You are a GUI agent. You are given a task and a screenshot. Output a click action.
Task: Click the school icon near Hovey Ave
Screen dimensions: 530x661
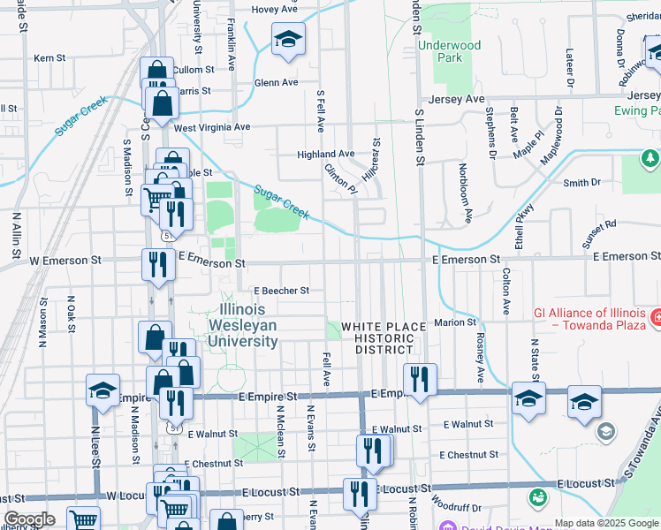point(288,40)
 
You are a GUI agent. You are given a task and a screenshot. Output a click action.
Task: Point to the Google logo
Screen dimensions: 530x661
point(30,519)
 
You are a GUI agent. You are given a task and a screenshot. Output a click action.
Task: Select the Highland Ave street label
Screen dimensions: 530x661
point(325,154)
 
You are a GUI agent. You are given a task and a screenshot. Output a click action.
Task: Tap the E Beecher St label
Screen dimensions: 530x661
point(282,290)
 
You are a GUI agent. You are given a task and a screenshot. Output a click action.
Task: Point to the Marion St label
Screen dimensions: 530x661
point(455,322)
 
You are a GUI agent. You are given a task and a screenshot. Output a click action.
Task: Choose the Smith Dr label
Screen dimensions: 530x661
point(582,184)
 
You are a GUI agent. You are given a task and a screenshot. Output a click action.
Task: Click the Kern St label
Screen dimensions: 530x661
point(49,58)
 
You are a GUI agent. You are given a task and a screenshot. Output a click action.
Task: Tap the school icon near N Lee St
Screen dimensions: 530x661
point(103,390)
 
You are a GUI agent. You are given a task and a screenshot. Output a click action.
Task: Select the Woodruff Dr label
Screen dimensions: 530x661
point(457,507)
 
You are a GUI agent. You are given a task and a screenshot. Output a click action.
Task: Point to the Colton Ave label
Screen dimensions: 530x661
point(506,292)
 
